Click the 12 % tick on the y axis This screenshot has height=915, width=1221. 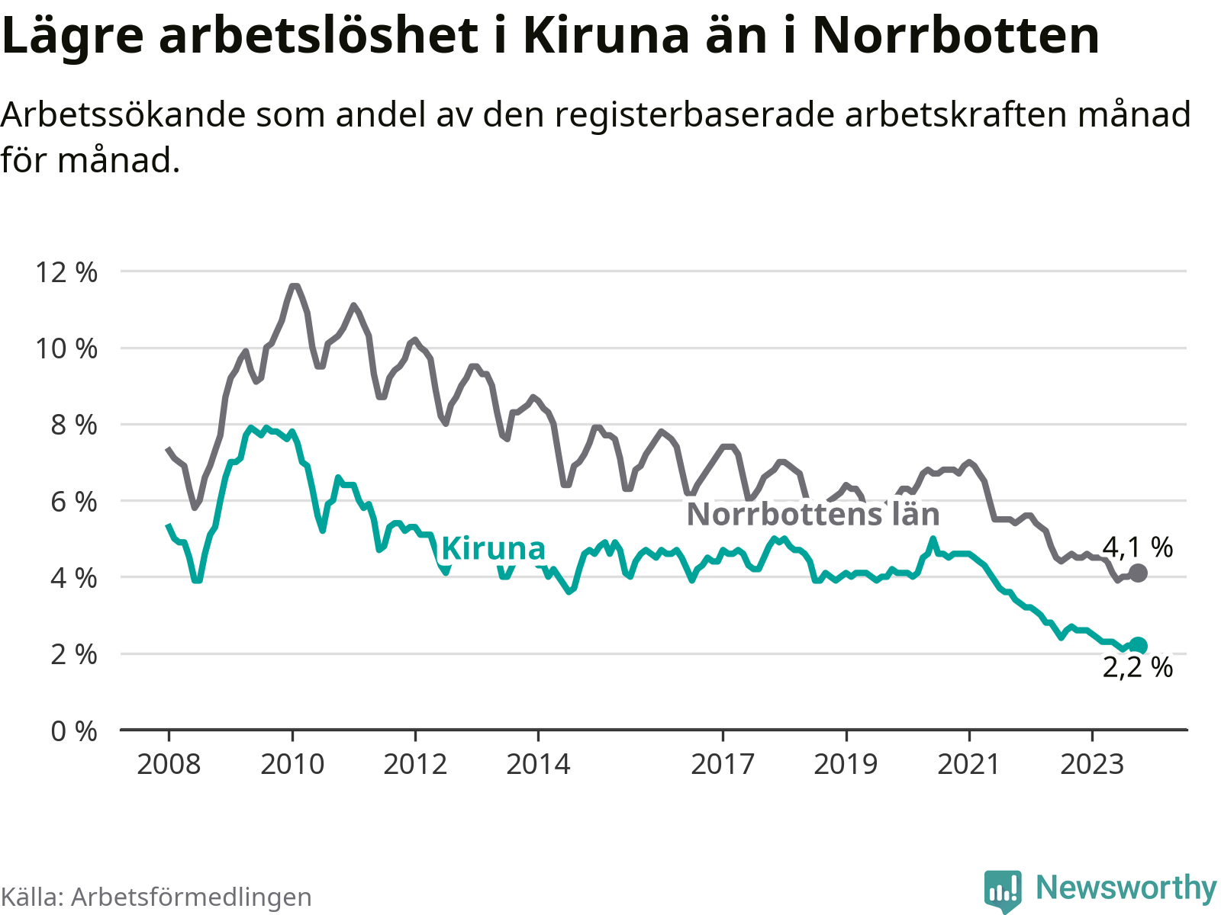click(x=66, y=272)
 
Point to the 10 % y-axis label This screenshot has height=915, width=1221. click(x=66, y=348)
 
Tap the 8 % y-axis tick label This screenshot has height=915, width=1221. click(x=74, y=425)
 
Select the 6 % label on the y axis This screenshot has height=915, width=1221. click(x=74, y=502)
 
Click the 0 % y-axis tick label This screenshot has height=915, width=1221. click(x=74, y=731)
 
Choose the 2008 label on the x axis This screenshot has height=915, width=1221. click(x=169, y=764)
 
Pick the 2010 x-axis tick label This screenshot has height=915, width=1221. click(x=292, y=764)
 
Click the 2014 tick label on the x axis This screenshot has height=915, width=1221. click(x=538, y=764)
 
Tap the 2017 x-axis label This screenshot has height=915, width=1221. click(x=723, y=764)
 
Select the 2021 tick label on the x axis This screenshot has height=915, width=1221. click(x=968, y=764)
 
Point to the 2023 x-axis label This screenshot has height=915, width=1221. click(x=1092, y=764)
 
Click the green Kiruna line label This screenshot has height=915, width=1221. click(x=493, y=549)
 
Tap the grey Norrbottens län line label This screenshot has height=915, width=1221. click(x=813, y=515)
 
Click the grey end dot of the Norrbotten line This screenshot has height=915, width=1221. click(x=1138, y=573)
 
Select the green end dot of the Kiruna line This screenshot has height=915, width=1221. click(x=1138, y=646)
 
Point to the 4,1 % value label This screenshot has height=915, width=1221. click(x=1137, y=547)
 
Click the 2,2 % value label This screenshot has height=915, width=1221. click(x=1137, y=668)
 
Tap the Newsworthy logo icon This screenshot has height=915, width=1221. click(x=1003, y=890)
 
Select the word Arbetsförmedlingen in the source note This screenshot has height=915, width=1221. click(x=191, y=897)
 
